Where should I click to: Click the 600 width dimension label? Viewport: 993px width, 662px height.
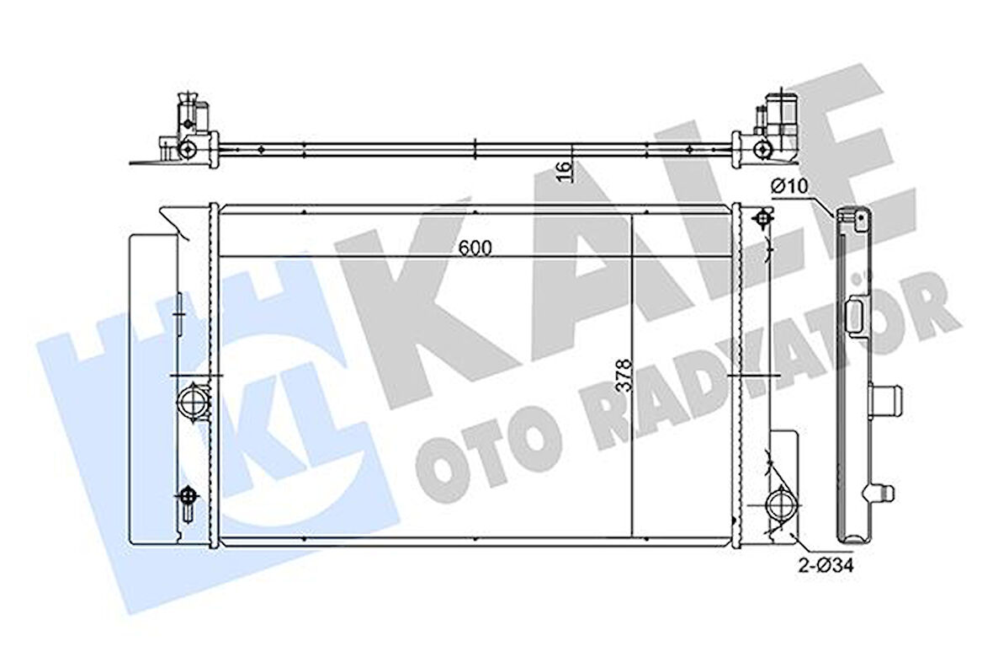pyautogui.click(x=475, y=247)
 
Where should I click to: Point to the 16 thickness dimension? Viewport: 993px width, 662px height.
pyautogui.click(x=566, y=170)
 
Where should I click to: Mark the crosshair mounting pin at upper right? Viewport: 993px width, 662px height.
pyautogui.click(x=763, y=219)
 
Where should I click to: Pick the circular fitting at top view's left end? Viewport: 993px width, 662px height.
pyautogui.click(x=188, y=150)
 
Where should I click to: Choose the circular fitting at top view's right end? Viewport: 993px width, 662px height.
pyautogui.click(x=762, y=150)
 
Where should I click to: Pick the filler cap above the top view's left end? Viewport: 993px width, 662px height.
pyautogui.click(x=189, y=115)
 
